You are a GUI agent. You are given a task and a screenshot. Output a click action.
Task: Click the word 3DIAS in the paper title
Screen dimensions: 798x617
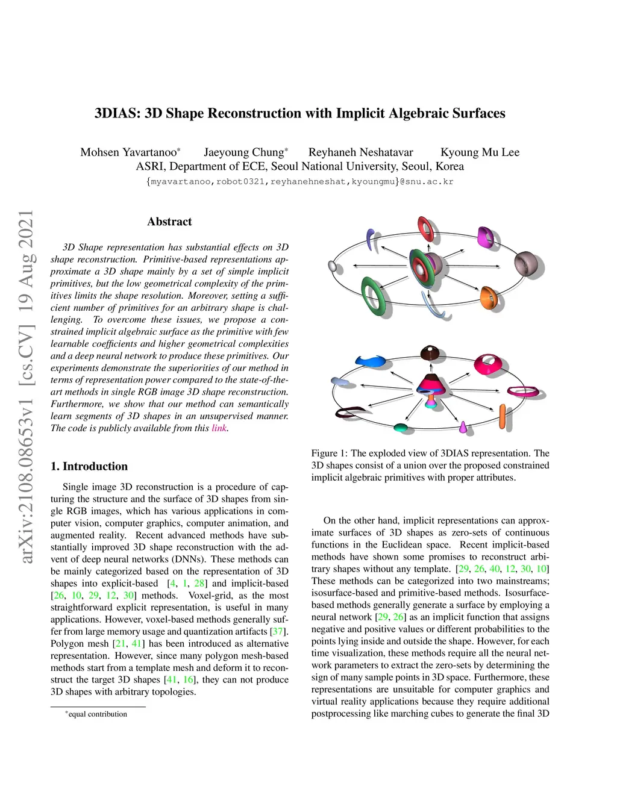pos(117,113)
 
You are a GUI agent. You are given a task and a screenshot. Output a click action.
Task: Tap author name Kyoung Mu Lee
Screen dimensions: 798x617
pos(480,152)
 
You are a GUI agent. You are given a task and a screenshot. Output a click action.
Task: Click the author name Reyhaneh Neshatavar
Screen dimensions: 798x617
pos(360,152)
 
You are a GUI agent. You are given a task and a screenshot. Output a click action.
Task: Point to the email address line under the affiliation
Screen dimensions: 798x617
pos(299,181)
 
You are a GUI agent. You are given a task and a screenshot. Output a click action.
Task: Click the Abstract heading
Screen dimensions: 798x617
pos(169,222)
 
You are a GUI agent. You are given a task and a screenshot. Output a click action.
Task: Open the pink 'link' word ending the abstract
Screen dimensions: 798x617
pos(219,428)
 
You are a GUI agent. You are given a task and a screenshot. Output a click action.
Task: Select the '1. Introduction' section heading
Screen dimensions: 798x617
pos(89,466)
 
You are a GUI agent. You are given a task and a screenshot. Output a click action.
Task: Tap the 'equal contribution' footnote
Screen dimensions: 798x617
pos(98,714)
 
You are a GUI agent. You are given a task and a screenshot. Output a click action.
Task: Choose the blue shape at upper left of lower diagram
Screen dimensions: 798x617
pos(369,361)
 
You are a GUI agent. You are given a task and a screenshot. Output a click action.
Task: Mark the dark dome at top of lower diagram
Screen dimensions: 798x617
pos(430,352)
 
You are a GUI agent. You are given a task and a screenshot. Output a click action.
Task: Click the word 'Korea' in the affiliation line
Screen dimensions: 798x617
pos(449,167)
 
